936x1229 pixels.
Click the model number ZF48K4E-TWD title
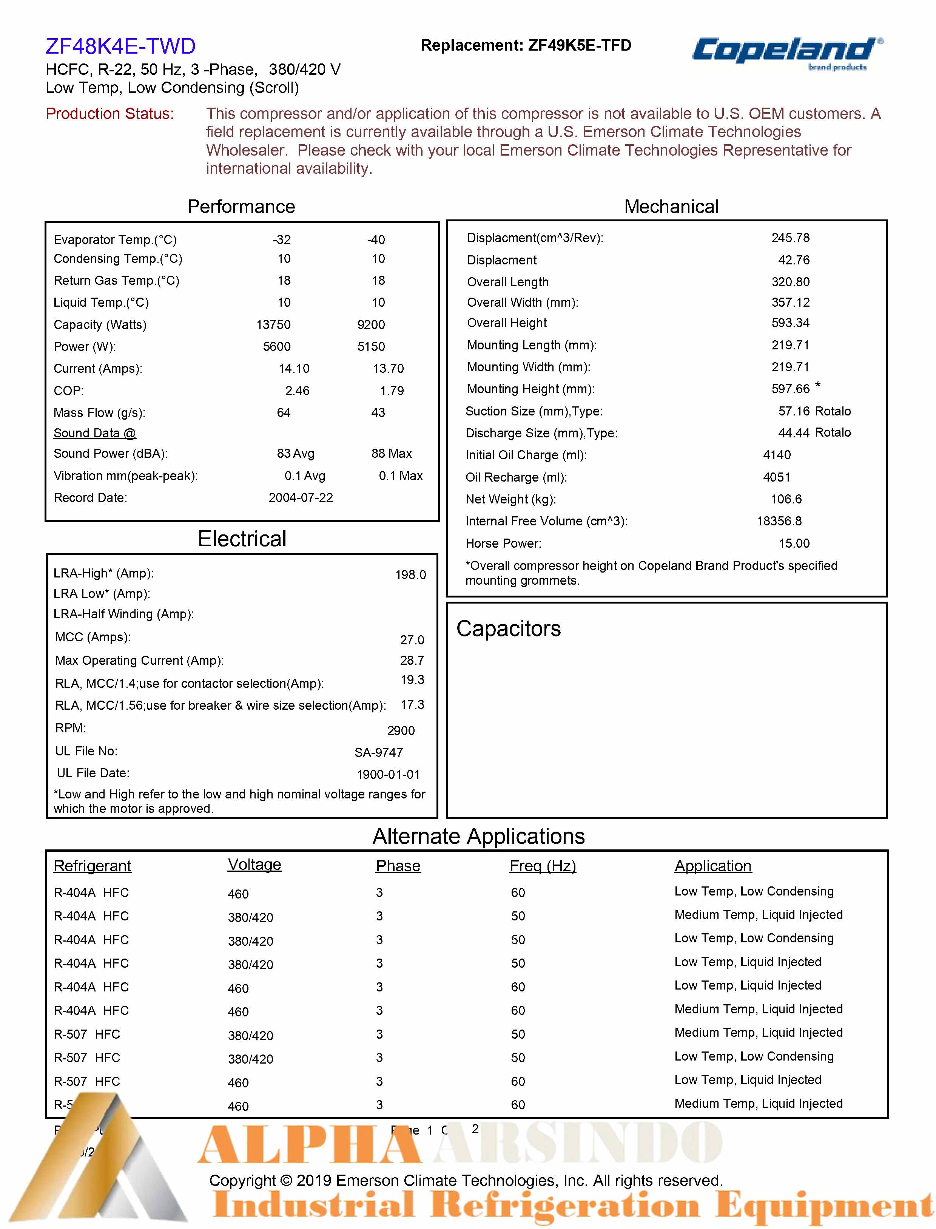tap(120, 46)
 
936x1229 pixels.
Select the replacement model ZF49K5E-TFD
tap(580, 45)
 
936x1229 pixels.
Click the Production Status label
tap(110, 114)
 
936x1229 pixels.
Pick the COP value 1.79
tap(392, 391)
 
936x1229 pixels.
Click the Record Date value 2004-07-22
tap(301, 498)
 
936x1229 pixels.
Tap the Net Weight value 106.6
tap(786, 499)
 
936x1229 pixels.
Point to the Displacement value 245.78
tap(790, 238)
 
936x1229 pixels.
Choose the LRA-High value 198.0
tap(411, 574)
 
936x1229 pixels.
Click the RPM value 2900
tap(401, 730)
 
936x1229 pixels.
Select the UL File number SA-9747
tap(378, 752)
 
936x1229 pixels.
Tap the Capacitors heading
tap(508, 629)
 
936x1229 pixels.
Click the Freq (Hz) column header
tap(542, 866)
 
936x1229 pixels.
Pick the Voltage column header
tap(254, 865)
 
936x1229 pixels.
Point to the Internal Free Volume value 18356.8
tap(779, 521)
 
